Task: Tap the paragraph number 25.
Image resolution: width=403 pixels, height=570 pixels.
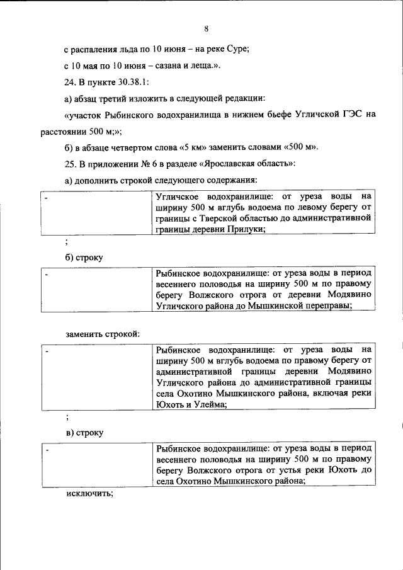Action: (70, 164)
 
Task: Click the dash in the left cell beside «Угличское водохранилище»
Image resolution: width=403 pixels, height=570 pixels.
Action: (46, 197)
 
